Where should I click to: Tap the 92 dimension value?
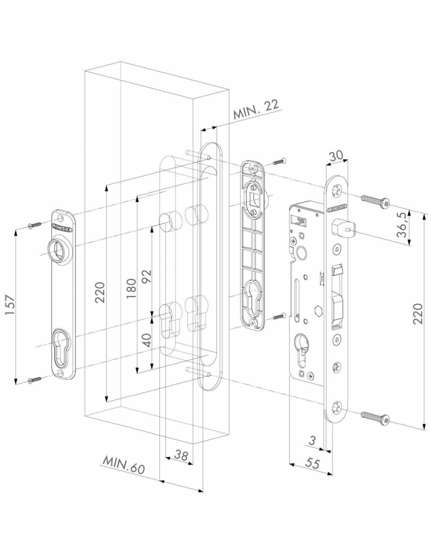pos(147,276)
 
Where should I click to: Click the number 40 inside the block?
pos(147,339)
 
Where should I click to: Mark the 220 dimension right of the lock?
pos(418,313)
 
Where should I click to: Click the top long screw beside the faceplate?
pos(375,201)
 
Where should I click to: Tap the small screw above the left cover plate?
pos(36,226)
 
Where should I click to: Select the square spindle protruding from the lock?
pos(342,229)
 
